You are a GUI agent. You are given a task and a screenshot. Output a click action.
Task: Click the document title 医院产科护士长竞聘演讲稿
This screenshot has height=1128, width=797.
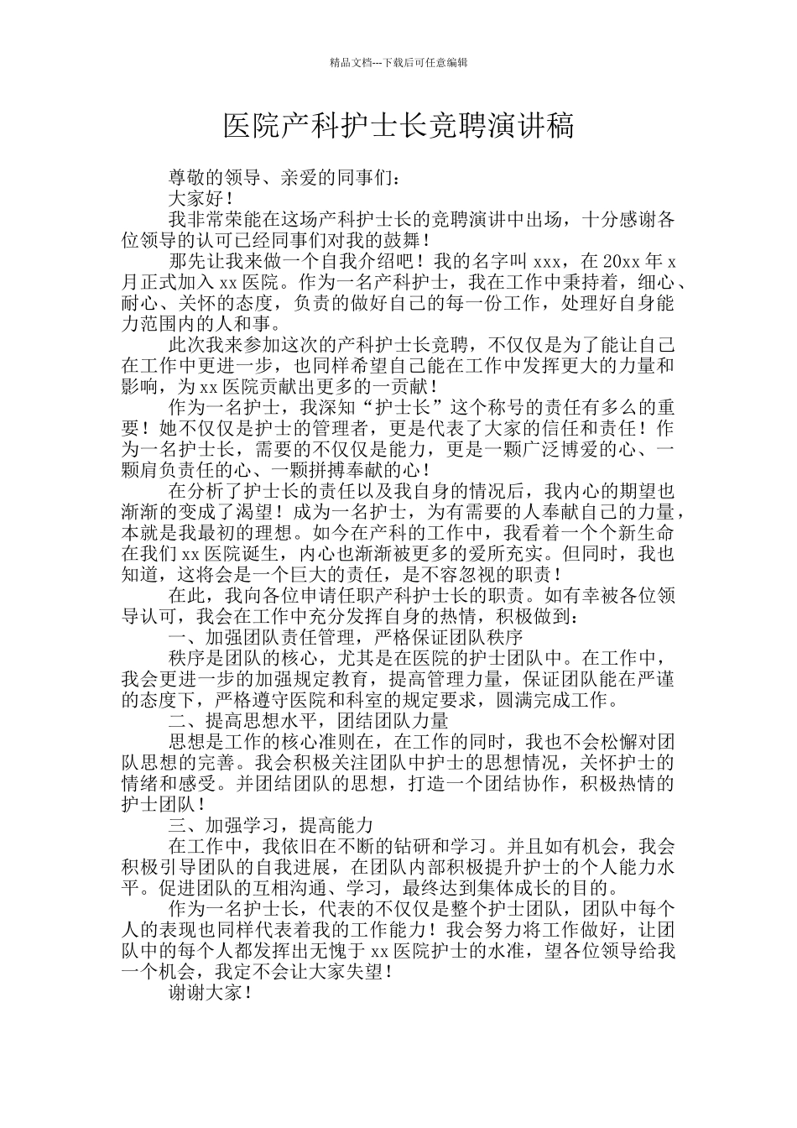click(398, 127)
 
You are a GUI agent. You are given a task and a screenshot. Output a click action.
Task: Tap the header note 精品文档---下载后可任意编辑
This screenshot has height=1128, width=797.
click(398, 62)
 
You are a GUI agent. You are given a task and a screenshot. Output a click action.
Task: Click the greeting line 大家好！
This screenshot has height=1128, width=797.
click(201, 199)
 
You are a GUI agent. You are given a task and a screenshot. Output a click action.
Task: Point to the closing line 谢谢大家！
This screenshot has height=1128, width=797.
click(210, 992)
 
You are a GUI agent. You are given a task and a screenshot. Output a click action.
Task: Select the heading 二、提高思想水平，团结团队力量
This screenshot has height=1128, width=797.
click(308, 720)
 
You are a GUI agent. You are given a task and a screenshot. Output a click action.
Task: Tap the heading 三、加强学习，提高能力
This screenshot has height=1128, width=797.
click(270, 824)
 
